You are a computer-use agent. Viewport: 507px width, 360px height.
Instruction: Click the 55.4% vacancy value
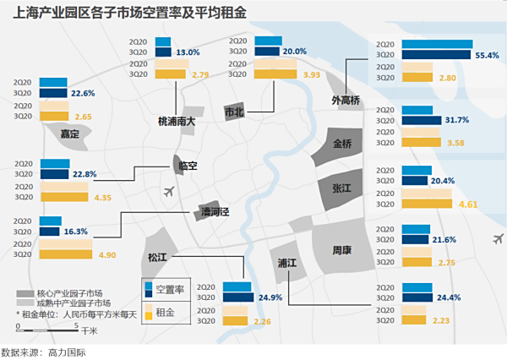click(x=488, y=55)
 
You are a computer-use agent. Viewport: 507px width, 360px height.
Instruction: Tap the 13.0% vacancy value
click(x=188, y=52)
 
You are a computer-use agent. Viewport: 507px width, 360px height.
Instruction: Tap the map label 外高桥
click(x=346, y=101)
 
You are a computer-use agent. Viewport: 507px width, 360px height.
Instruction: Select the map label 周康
click(x=342, y=251)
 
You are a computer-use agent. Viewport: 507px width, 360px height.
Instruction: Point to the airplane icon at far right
click(x=495, y=237)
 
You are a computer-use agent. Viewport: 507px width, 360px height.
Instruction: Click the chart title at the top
click(x=97, y=13)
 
